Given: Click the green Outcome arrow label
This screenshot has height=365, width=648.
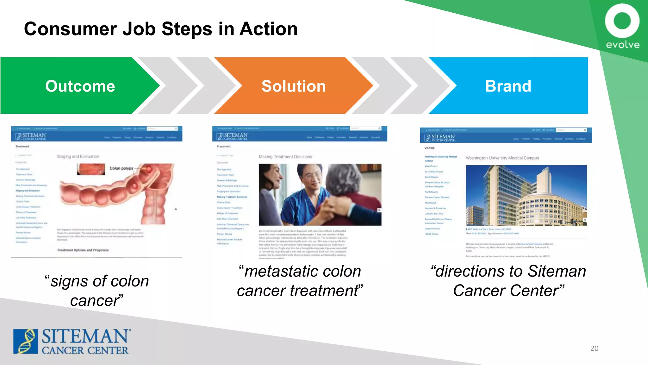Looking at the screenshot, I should click(x=80, y=86).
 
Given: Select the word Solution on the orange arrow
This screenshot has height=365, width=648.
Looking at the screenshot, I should click(x=293, y=86).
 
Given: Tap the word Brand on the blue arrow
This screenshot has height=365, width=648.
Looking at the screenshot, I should click(x=508, y=86).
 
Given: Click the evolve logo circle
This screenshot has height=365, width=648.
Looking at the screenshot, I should click(x=622, y=21).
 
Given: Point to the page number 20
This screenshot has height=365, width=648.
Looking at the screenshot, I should click(x=594, y=348).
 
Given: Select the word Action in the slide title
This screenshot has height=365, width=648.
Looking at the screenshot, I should click(x=268, y=29).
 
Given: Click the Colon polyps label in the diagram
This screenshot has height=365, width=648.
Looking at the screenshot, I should click(x=121, y=168).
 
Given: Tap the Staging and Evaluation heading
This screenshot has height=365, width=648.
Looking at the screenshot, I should click(x=78, y=157).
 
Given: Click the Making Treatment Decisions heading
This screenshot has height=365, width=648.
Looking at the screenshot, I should click(x=285, y=157).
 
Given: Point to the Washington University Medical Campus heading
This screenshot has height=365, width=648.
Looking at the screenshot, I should click(x=502, y=158).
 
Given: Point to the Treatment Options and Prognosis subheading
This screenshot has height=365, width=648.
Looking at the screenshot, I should click(x=83, y=250).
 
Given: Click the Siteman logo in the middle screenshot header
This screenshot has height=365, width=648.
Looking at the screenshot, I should click(x=232, y=137).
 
